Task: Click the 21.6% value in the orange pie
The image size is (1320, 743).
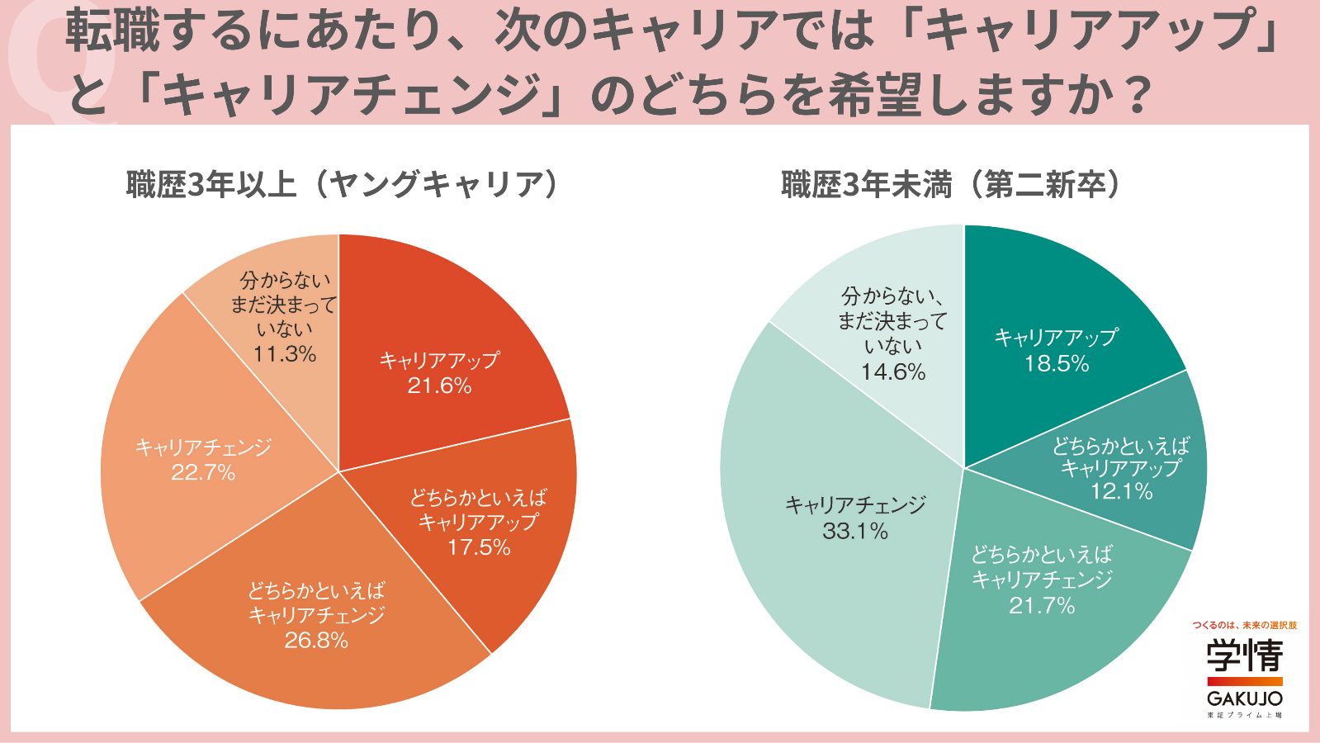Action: [x=439, y=386]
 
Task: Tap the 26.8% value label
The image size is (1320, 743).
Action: [x=316, y=640]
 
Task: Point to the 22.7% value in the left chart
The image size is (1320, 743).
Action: [x=203, y=472]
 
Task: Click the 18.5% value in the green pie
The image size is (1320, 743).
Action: [x=1057, y=363]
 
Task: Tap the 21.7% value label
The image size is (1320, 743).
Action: [x=1042, y=605]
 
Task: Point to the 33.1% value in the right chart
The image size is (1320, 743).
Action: [x=855, y=531]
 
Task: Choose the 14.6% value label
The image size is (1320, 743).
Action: [x=892, y=371]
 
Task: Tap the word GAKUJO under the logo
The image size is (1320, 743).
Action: [x=1244, y=698]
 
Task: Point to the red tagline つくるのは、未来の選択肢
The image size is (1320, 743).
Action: [x=1244, y=626]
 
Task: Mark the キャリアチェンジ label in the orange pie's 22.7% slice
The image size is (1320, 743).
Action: [x=203, y=447]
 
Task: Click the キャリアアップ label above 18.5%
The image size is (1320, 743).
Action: [x=1056, y=337]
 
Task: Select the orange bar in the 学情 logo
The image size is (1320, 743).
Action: [x=1244, y=681]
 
